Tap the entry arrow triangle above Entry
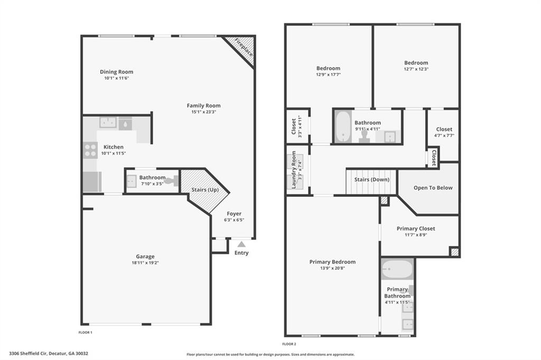tap(241, 244)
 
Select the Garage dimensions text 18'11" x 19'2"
tap(145, 263)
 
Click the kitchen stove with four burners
tap(90, 150)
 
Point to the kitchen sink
tap(108, 122)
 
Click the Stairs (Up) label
tap(205, 190)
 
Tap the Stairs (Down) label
tap(371, 179)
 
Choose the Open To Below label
tap(433, 187)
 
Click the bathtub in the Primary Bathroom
tap(397, 269)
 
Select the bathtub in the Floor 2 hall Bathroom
tap(342, 126)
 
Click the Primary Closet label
tap(416, 228)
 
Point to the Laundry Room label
tap(294, 169)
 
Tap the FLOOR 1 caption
tap(85, 333)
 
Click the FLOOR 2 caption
tap(289, 344)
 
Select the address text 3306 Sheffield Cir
tap(28, 353)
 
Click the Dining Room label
tap(117, 72)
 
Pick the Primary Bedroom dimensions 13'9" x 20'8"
tap(333, 268)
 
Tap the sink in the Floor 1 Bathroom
tap(132, 181)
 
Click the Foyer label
tap(234, 214)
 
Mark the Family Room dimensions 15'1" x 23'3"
tap(203, 112)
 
